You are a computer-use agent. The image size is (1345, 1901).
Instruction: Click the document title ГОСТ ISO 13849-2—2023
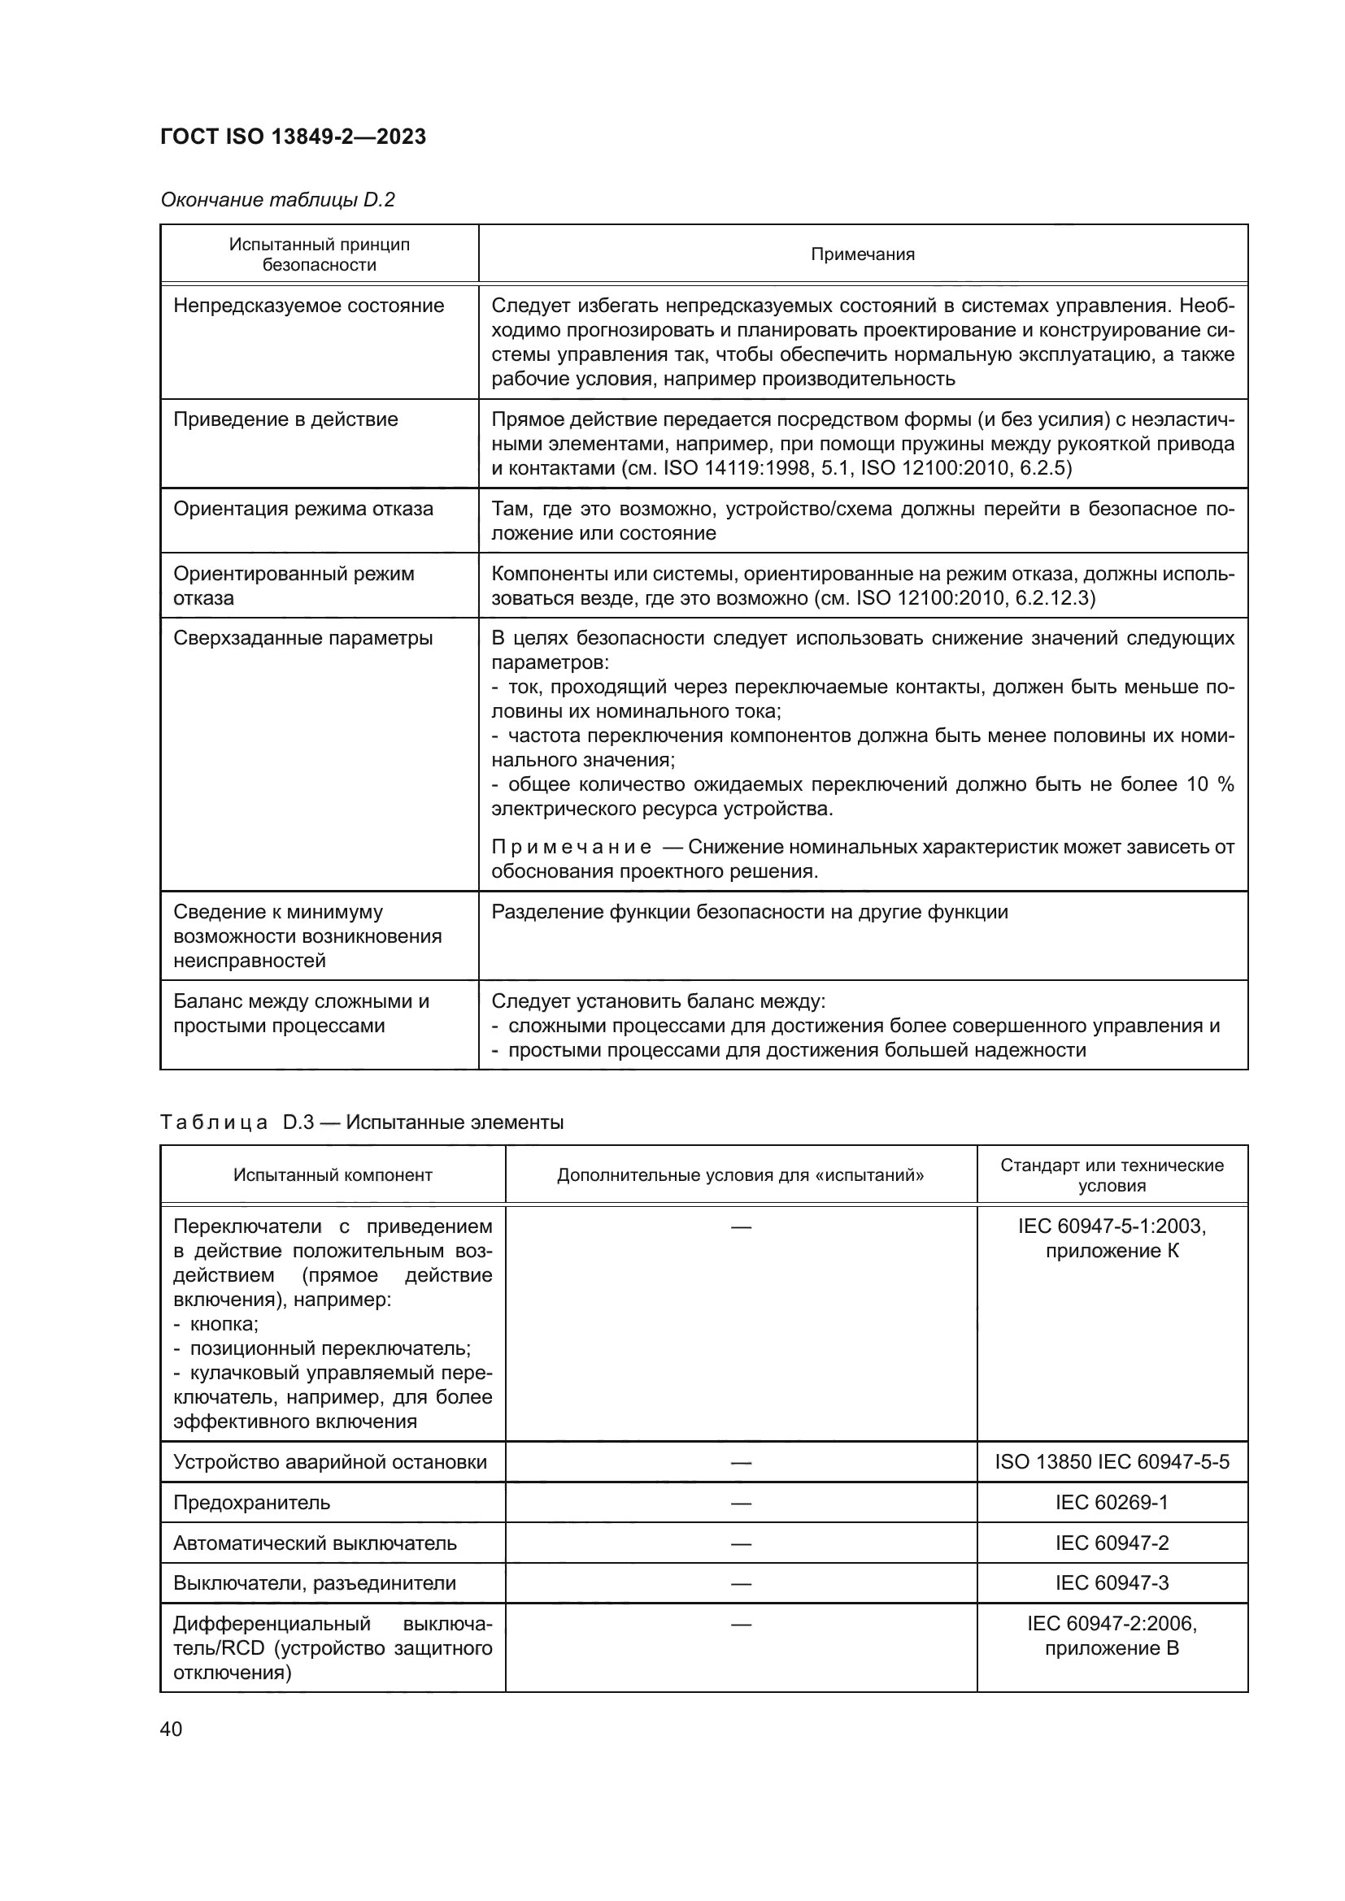[293, 137]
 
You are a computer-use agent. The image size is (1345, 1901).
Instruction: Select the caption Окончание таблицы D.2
[277, 200]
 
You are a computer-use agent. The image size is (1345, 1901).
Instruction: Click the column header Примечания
[862, 254]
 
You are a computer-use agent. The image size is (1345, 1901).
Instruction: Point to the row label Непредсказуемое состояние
[308, 306]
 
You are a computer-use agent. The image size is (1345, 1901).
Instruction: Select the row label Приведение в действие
[285, 419]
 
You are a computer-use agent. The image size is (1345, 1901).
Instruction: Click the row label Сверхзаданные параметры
[303, 637]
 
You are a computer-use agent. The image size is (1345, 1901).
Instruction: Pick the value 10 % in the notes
[1210, 784]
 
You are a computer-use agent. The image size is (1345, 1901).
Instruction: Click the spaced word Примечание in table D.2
[571, 847]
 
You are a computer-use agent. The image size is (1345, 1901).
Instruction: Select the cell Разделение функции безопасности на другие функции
[750, 912]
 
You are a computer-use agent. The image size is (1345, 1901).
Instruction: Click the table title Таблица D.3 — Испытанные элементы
[361, 1122]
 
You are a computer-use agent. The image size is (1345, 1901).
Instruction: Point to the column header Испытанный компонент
[332, 1175]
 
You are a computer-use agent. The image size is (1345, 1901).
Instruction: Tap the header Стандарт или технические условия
[1112, 1175]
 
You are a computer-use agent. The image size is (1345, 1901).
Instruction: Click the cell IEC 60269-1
[1112, 1503]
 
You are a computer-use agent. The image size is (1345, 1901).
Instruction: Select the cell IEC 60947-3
[1112, 1583]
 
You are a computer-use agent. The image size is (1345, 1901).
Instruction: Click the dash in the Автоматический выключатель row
[741, 1543]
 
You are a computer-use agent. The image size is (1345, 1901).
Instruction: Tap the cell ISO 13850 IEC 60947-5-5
[1112, 1462]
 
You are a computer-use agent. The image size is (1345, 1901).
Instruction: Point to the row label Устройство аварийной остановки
[329, 1462]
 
